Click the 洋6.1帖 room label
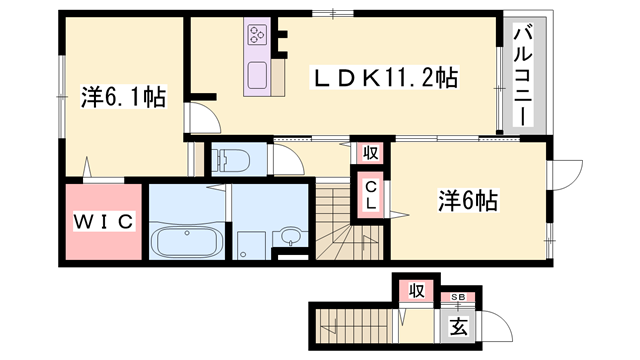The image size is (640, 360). click(122, 98)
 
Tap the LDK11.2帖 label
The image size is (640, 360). click(372, 77)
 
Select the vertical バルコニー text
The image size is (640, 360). click(521, 74)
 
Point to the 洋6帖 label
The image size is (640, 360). click(466, 200)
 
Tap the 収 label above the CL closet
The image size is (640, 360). click(369, 154)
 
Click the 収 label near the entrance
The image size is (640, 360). click(415, 291)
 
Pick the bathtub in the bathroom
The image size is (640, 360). click(188, 241)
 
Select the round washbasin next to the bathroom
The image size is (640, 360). click(289, 237)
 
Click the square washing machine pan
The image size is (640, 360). click(249, 243)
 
